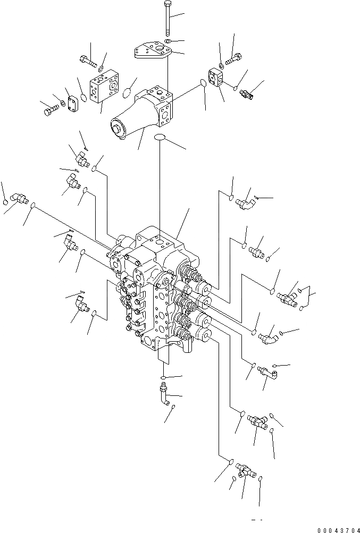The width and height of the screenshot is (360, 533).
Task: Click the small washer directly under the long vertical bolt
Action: click(x=168, y=41)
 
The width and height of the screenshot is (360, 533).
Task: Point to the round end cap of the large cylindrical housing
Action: click(x=116, y=129)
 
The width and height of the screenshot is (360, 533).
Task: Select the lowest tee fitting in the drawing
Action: click(x=245, y=469)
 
